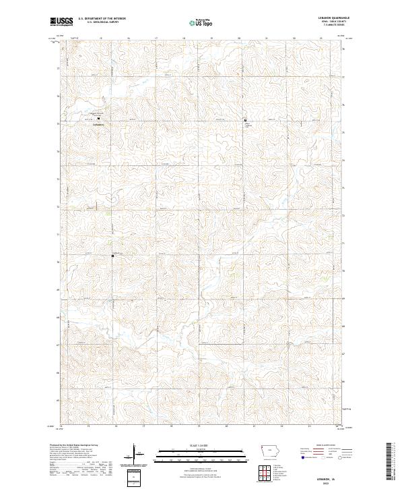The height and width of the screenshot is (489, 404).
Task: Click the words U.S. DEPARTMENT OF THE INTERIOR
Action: pos(101,19)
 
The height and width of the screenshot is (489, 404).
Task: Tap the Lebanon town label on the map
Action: pos(98,123)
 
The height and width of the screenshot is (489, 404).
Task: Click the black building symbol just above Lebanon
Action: pos(98,117)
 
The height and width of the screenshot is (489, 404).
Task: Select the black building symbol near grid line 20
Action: pos(245,120)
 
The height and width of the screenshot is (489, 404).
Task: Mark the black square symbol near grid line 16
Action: pos(113,255)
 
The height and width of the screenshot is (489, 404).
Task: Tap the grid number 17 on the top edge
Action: pos(156,38)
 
